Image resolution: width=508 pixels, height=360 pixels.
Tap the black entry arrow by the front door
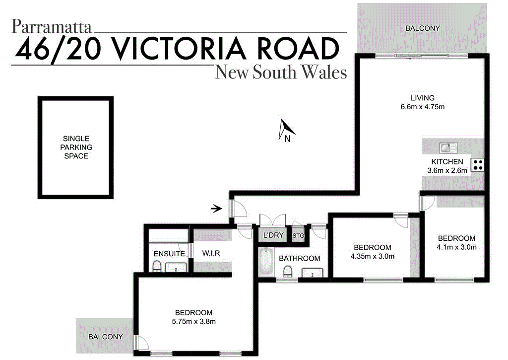(216, 209)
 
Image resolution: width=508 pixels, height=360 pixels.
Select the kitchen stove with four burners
(478, 164)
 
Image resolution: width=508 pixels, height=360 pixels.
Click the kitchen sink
(448, 147)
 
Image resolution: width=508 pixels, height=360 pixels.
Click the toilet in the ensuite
(157, 268)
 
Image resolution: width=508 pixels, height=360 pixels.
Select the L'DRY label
(273, 235)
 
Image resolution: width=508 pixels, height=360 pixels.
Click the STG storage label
(298, 235)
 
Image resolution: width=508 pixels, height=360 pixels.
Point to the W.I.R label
(211, 253)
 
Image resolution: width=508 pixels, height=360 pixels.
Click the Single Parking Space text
(76, 147)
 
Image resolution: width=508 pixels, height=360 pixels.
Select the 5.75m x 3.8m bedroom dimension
(193, 321)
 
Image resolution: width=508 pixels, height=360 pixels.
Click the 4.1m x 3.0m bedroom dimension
(456, 247)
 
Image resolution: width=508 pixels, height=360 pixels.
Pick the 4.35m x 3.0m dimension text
(372, 256)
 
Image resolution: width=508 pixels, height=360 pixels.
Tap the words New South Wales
(280, 72)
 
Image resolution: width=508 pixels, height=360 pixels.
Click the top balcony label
(423, 28)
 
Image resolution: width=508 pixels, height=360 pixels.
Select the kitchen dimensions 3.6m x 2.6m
(447, 170)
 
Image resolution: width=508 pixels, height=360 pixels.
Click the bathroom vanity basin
(313, 272)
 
